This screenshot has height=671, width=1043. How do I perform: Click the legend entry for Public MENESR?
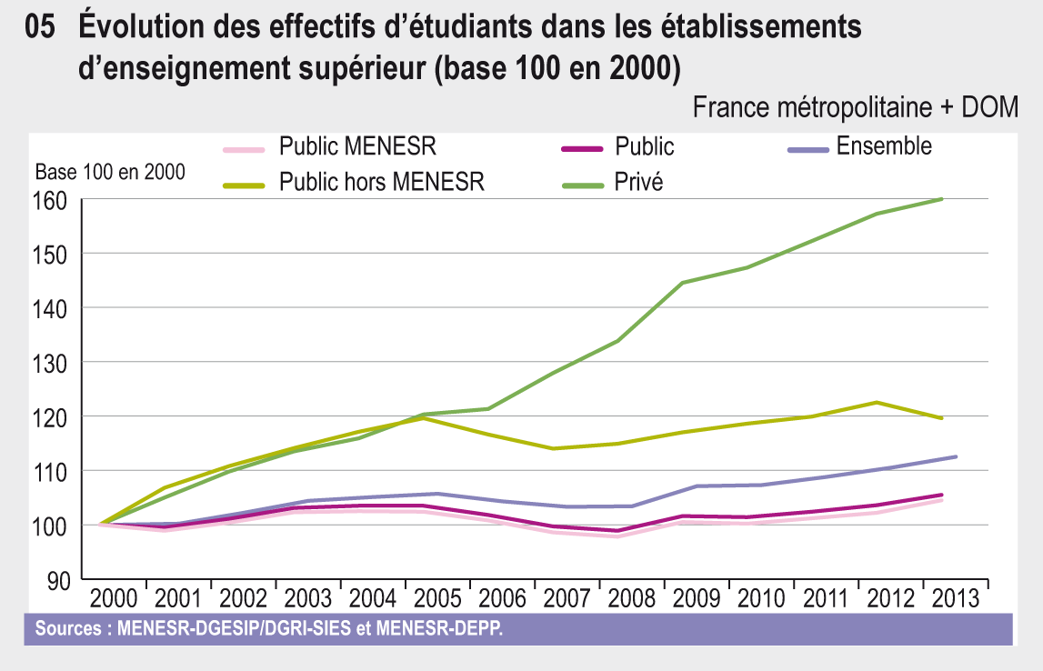(x=357, y=147)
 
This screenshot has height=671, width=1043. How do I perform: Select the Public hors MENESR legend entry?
(x=381, y=183)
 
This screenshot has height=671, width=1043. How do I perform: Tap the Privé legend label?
(x=638, y=183)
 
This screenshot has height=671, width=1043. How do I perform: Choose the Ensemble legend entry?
(x=883, y=146)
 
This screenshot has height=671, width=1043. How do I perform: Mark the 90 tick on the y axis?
(x=56, y=580)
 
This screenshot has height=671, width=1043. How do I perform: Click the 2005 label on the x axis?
(x=437, y=599)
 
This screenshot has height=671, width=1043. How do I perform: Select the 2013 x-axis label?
(x=955, y=599)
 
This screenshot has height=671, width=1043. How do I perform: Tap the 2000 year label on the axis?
(x=114, y=599)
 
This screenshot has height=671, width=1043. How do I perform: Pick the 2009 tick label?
(x=697, y=599)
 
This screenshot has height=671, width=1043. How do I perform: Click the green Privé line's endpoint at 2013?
(x=940, y=199)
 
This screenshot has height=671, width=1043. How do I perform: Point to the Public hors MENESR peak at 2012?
(x=876, y=402)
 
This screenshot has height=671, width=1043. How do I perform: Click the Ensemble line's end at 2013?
(x=956, y=456)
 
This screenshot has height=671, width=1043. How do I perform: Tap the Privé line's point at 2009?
(x=682, y=283)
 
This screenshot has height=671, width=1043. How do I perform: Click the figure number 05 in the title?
(x=43, y=28)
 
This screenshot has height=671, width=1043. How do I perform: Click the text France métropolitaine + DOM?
(x=856, y=107)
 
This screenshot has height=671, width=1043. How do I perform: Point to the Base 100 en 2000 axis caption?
(x=109, y=171)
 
